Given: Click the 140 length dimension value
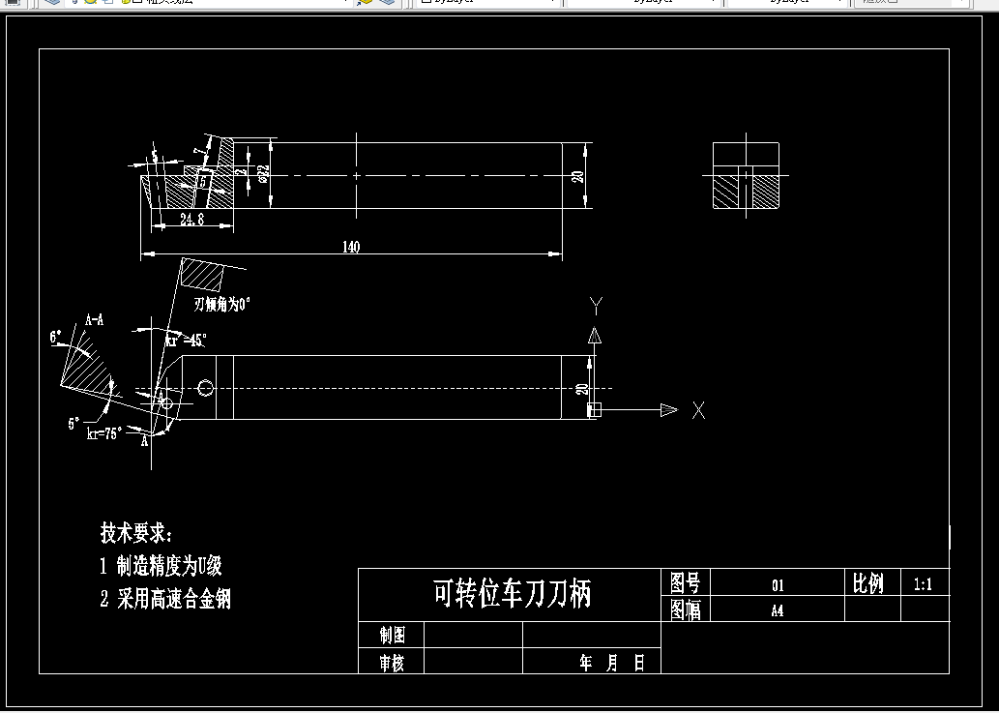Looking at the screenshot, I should click(350, 248).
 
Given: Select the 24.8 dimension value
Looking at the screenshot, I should click(191, 221).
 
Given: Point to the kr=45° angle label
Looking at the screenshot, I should click(186, 341).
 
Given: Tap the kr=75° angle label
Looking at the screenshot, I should click(104, 434).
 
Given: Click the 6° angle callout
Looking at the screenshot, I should click(57, 338).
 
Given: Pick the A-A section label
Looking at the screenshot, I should click(95, 319).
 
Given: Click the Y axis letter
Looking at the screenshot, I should click(596, 307).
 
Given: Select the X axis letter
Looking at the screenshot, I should click(698, 410).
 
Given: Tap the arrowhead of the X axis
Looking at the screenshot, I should click(668, 410).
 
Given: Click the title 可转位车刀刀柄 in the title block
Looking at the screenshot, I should click(511, 594).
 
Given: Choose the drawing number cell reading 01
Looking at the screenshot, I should click(778, 585).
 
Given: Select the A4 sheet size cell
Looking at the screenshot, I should click(777, 610).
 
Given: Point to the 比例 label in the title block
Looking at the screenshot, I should click(867, 583).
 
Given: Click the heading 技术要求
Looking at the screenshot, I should click(136, 533).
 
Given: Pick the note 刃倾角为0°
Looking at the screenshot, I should click(221, 304).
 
